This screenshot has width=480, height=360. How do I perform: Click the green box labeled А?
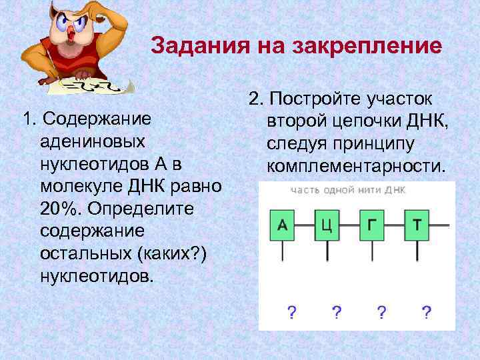[282, 225]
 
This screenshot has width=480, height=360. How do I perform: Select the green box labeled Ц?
[327, 225]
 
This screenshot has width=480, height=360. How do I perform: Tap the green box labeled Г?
[371, 225]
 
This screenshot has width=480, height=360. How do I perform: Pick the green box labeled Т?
[417, 225]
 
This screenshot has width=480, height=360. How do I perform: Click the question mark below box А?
[291, 311]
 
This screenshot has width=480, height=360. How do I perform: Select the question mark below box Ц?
[337, 311]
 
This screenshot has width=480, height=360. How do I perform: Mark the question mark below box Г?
[381, 311]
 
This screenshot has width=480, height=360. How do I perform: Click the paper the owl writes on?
[100, 85]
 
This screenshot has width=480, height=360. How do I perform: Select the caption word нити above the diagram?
[365, 190]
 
